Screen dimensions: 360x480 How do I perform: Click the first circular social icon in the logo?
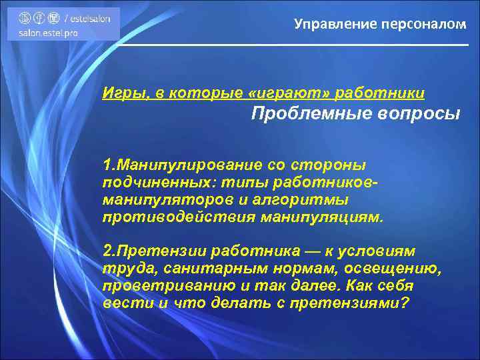point(24,19)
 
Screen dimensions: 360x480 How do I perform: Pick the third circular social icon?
point(53,19)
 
